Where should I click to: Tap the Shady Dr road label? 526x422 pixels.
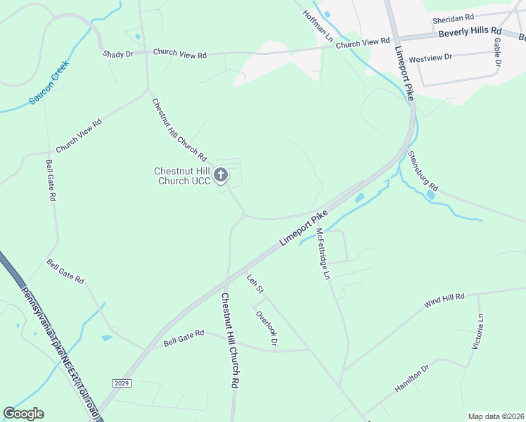[x=117, y=54]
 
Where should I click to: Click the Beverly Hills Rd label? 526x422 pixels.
[x=469, y=32]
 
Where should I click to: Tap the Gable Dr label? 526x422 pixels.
[x=497, y=52]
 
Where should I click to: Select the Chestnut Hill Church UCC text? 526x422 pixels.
[x=183, y=176]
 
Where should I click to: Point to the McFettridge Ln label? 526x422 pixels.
[x=322, y=254]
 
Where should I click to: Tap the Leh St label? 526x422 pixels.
[x=255, y=284]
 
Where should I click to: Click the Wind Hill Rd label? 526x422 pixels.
[x=444, y=301]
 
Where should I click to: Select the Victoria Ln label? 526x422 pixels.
[x=478, y=332]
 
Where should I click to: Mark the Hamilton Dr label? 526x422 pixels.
[x=411, y=378]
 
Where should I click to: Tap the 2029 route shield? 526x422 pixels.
[x=121, y=383]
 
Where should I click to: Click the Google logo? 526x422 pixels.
[x=23, y=414]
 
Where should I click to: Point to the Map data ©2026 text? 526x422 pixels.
[x=496, y=416]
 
